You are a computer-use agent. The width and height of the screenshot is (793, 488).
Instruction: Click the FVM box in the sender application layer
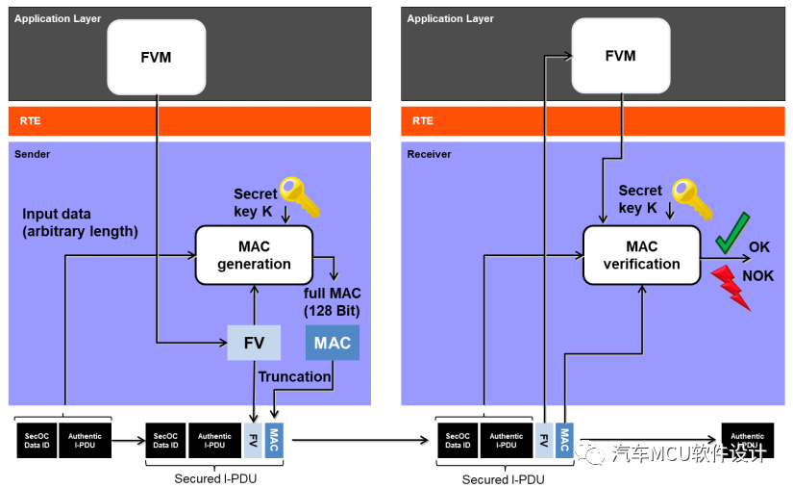156,57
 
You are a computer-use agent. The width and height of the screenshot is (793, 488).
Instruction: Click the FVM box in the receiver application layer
620,57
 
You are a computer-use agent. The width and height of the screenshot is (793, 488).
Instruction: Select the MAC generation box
254,255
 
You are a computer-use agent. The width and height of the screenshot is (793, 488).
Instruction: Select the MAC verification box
641,255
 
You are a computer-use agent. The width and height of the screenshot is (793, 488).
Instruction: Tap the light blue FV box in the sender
254,343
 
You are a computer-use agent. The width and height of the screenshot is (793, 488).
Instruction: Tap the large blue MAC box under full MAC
333,343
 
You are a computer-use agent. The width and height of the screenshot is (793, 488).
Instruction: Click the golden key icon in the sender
298,196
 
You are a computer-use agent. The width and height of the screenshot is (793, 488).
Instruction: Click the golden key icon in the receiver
690,198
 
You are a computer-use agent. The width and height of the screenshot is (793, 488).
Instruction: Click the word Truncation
295,376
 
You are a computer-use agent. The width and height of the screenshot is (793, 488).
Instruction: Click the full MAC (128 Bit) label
331,302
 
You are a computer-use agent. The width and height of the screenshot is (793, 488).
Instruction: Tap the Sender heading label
33,154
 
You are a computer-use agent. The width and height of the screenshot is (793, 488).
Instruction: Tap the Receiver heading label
429,154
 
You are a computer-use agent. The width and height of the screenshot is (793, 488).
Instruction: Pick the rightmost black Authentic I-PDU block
747,441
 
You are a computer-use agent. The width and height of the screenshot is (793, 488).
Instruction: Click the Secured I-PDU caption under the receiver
503,479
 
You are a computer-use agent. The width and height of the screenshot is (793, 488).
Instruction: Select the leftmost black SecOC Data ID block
37,440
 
